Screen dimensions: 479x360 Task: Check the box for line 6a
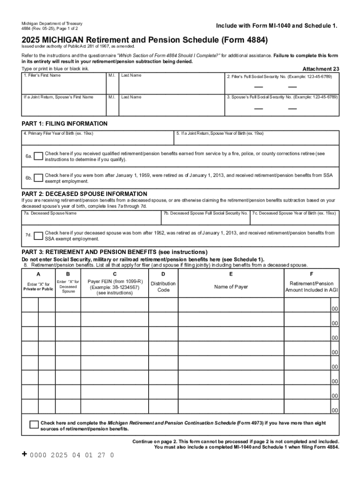pyautogui.click(x=38, y=156)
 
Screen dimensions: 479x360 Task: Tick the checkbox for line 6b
pyautogui.click(x=38, y=178)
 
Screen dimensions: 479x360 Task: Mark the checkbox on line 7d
pyautogui.click(x=38, y=236)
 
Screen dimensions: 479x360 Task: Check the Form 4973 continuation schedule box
pyautogui.click(x=34, y=425)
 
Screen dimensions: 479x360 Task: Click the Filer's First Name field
pyautogui.click(x=64, y=85)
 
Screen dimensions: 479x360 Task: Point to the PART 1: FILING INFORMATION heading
pyautogui.click(x=65, y=124)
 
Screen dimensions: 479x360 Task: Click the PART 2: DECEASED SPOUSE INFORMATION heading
pyautogui.click(x=85, y=194)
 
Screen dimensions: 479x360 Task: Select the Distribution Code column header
pyautogui.click(x=163, y=287)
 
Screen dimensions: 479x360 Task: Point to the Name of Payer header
pyautogui.click(x=231, y=287)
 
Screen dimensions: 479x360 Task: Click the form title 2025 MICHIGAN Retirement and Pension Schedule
pyautogui.click(x=144, y=41)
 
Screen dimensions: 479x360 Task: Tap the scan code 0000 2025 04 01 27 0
pyautogui.click(x=72, y=455)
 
